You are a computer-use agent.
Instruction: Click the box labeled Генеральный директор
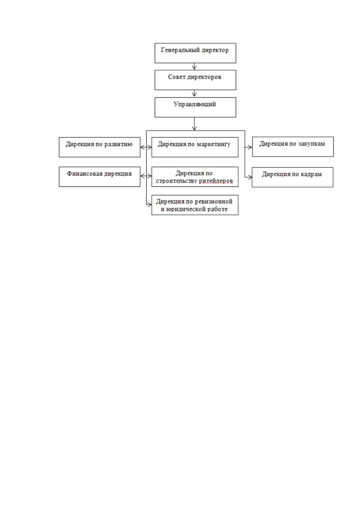click(x=195, y=53)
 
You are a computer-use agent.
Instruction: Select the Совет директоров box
click(x=195, y=80)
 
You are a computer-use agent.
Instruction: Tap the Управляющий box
click(x=195, y=107)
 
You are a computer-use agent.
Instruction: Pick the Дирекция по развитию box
click(x=99, y=147)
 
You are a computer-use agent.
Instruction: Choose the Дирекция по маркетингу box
click(x=195, y=147)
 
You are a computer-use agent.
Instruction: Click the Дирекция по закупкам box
click(x=293, y=147)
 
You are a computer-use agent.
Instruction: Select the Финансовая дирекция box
click(x=99, y=177)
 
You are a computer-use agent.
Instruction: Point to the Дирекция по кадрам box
click(x=293, y=177)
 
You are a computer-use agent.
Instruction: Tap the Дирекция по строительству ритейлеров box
click(x=195, y=177)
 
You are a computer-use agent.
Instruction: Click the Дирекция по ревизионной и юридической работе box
click(x=195, y=205)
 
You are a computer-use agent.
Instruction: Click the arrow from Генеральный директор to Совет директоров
click(x=194, y=66)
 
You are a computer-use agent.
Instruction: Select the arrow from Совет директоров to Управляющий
click(x=194, y=93)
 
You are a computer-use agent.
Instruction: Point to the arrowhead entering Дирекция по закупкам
click(x=250, y=147)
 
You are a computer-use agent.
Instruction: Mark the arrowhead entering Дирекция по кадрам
click(x=250, y=177)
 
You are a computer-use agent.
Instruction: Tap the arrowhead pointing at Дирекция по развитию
click(x=142, y=147)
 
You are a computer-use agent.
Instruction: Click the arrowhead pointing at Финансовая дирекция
click(x=142, y=176)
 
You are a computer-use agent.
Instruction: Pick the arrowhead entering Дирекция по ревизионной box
click(x=149, y=205)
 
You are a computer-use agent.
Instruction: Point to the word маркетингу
click(x=214, y=144)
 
